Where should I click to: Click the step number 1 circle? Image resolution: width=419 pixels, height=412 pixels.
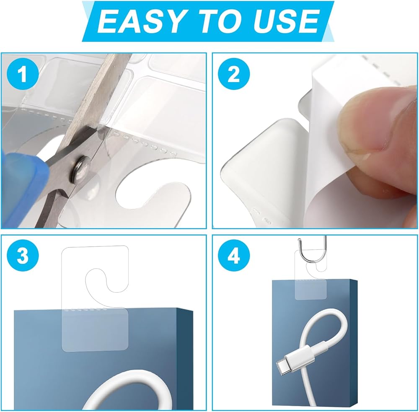point(23,74)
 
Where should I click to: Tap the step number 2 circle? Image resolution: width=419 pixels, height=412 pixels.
point(234,74)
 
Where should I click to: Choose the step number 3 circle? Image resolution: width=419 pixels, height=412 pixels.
point(23,256)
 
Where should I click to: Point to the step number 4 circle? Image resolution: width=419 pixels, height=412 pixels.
point(234,256)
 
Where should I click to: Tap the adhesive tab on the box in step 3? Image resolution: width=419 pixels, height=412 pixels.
point(95,330)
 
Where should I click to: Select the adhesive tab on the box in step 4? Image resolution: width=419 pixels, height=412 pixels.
point(310,289)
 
